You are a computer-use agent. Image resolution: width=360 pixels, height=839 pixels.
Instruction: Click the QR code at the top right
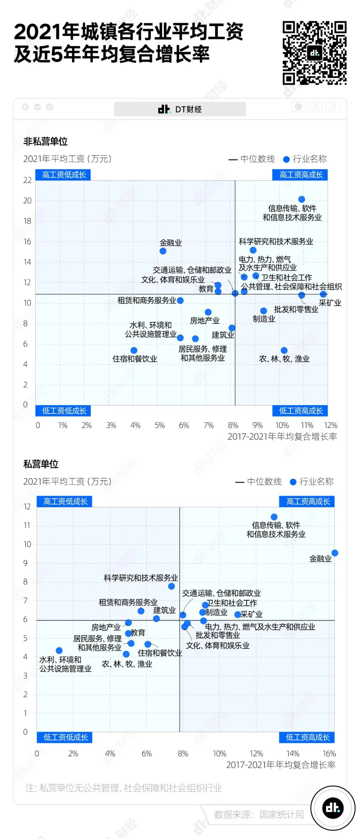[x=314, y=53]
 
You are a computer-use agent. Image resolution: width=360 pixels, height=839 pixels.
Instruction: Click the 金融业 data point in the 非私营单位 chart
[x=163, y=251]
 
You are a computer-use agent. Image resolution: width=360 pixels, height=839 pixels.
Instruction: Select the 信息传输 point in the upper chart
[x=301, y=199]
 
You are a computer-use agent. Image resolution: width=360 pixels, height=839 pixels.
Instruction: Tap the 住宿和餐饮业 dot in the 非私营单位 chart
[x=134, y=350]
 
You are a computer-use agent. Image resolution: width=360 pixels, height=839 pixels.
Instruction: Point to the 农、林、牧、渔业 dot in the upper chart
[x=284, y=350]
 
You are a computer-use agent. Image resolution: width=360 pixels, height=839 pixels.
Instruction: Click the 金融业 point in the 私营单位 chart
[x=335, y=553]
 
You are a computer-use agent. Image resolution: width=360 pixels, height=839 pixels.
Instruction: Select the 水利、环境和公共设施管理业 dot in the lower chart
[x=59, y=651]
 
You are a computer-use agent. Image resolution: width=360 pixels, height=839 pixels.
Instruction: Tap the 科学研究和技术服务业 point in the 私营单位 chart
[x=171, y=586]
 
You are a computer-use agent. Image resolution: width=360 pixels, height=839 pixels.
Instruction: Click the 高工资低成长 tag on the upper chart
[x=63, y=175]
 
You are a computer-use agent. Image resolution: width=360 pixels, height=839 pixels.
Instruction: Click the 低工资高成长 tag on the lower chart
[x=307, y=737]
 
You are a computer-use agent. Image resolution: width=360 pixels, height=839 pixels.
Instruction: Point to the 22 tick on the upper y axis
[x=27, y=180]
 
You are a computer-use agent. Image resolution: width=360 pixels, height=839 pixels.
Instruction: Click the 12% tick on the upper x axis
[x=331, y=425]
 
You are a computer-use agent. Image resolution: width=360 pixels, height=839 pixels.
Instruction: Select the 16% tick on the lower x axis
[x=329, y=754]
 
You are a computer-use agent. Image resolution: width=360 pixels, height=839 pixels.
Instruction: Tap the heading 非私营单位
[x=45, y=141]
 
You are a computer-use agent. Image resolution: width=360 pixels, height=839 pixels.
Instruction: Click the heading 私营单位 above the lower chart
[x=41, y=464]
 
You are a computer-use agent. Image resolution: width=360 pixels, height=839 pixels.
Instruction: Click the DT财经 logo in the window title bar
[x=180, y=109]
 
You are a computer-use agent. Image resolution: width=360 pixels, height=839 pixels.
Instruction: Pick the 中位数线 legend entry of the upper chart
[x=252, y=159]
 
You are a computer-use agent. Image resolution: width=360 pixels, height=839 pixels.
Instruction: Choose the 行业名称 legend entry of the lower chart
[x=312, y=482]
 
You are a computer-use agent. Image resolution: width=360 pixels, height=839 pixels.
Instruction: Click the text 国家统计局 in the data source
[x=282, y=815]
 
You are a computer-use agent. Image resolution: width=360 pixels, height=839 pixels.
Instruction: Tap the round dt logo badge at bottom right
[x=333, y=808]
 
